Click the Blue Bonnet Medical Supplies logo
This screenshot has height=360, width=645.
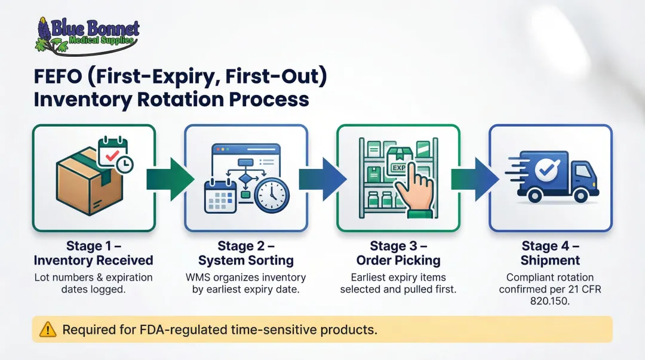coord(87,35)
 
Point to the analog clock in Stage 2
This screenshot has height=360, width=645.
coord(272,195)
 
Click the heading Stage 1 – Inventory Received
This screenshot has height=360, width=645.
coord(93,253)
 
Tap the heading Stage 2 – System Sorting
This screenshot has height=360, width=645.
coord(246,253)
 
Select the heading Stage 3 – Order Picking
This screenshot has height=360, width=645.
coord(398,253)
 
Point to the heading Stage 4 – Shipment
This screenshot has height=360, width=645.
coord(550,253)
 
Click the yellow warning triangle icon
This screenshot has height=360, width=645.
coord(47,330)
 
